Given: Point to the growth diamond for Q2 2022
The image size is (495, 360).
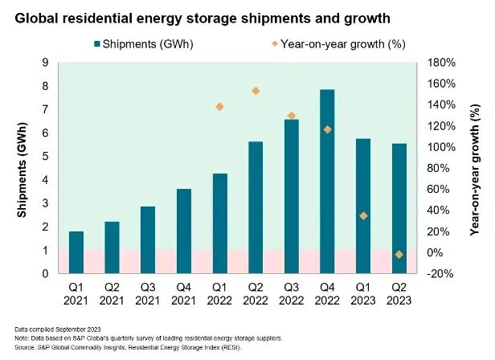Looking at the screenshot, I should [x=256, y=91].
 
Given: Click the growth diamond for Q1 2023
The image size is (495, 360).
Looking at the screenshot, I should [x=363, y=215].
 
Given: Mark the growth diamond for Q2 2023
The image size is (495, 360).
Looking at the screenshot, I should [x=399, y=254].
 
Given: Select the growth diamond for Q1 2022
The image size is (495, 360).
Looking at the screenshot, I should [x=219, y=107].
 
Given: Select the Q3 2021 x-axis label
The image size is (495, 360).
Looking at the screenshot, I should [x=148, y=293].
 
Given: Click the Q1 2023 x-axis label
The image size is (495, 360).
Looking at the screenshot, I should [x=363, y=293].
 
